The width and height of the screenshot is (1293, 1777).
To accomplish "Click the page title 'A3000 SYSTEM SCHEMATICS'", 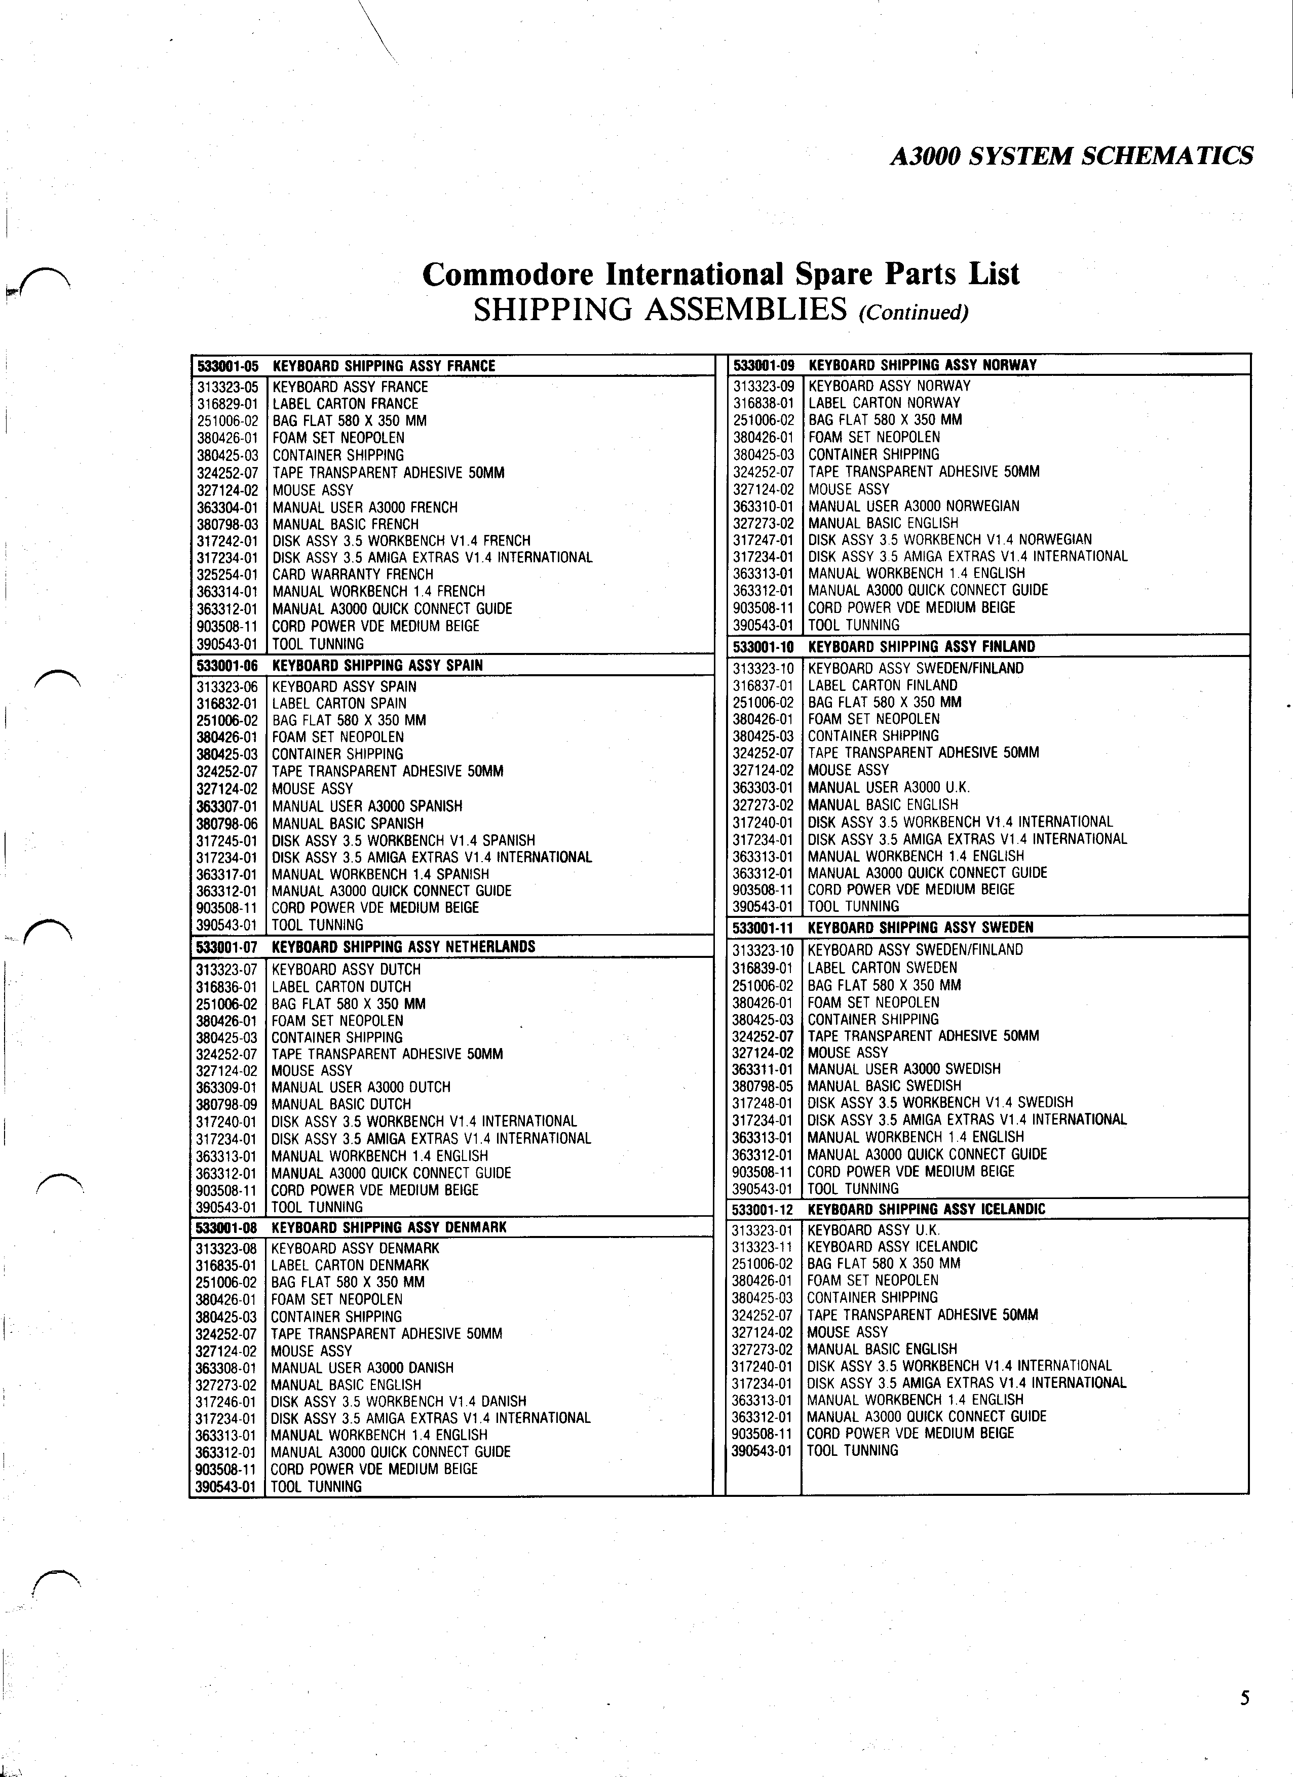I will point(1071,157).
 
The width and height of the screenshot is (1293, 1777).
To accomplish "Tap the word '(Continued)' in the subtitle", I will point(914,313).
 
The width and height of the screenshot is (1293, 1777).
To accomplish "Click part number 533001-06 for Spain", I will point(226,665).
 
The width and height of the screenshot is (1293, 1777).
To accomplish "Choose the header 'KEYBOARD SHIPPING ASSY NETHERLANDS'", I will point(403,946).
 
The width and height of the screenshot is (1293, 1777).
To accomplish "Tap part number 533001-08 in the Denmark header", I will point(226,1227).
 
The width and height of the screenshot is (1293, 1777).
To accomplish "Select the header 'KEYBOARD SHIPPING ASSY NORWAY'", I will point(922,365).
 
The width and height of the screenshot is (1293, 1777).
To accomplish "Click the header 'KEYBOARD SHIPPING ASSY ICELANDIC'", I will point(926,1209).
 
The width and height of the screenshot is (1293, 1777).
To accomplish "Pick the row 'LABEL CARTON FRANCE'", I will point(345,404).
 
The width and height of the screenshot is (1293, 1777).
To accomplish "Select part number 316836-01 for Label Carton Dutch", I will point(226,986).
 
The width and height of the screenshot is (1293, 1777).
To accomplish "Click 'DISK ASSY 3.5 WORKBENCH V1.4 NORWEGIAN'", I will point(950,540).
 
